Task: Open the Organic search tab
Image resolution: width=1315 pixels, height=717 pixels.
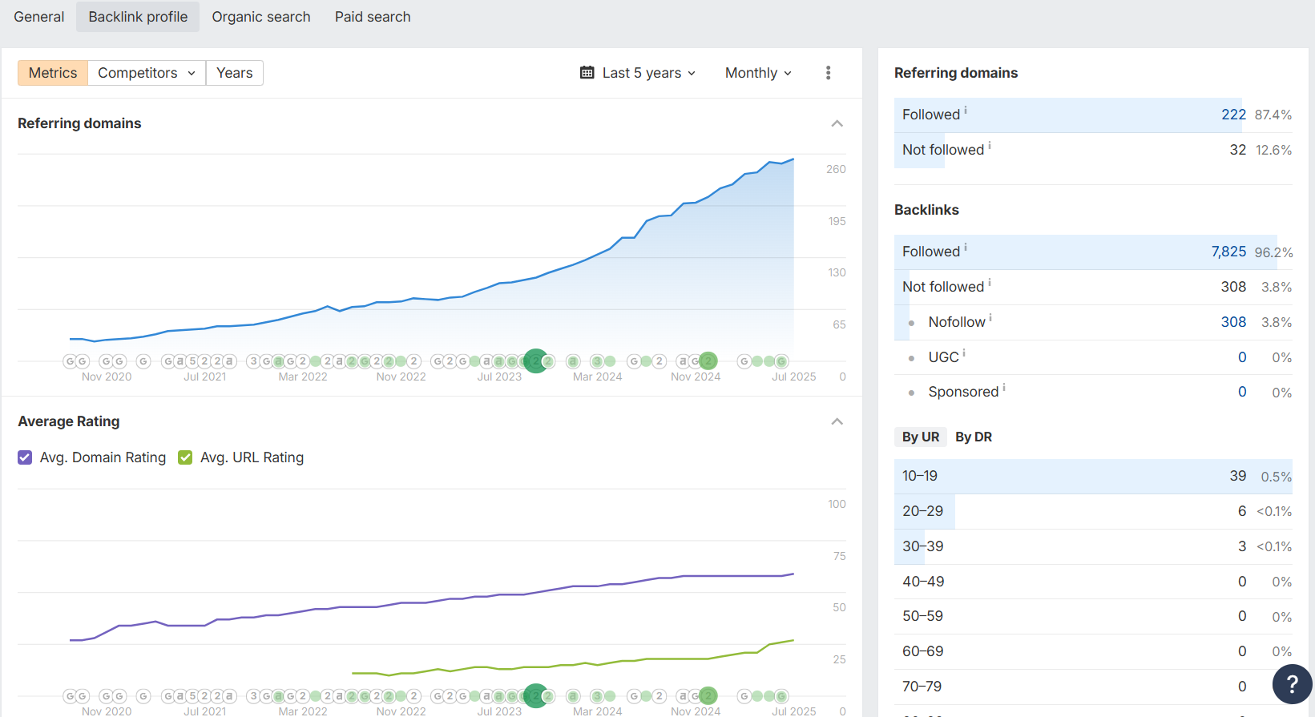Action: (x=260, y=17)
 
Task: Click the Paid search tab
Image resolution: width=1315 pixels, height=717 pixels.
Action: (x=373, y=17)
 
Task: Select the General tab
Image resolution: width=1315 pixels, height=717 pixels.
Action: (x=38, y=17)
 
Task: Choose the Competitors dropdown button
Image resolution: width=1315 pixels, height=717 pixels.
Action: (x=147, y=73)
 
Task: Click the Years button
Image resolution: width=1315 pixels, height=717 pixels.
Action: (x=234, y=73)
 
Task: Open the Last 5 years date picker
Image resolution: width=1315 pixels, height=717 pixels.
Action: (x=638, y=73)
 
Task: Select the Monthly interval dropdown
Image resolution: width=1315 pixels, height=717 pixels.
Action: (x=758, y=73)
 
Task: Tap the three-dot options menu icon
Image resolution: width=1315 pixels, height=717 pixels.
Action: (x=828, y=73)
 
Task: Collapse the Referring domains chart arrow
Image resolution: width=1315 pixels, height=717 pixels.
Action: (x=837, y=123)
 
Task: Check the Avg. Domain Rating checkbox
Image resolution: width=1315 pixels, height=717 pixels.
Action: (x=25, y=457)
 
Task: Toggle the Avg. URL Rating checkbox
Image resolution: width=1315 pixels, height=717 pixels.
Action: (x=185, y=457)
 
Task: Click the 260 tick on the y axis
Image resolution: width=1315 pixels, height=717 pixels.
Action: (x=836, y=169)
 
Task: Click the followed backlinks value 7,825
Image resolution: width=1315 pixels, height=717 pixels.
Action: (x=1228, y=252)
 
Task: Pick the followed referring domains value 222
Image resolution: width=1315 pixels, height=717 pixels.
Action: (x=1233, y=115)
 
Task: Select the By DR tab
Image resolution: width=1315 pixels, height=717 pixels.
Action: (x=973, y=437)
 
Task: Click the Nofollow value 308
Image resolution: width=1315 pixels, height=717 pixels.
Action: (x=1233, y=322)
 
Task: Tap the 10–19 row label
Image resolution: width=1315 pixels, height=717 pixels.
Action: (x=920, y=476)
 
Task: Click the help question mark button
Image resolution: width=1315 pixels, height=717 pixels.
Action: (x=1292, y=683)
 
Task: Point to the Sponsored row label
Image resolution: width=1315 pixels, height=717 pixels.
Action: (x=963, y=392)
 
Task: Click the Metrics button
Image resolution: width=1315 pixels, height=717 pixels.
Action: (x=53, y=73)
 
